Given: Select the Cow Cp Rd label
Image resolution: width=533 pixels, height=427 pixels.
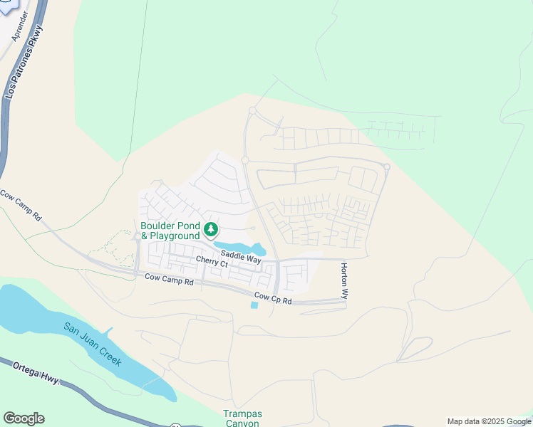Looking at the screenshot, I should pyautogui.click(x=273, y=299).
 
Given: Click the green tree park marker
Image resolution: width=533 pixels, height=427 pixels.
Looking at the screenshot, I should pyautogui.click(x=211, y=230).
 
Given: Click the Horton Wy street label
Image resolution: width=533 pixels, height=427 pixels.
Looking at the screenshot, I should pyautogui.click(x=345, y=280).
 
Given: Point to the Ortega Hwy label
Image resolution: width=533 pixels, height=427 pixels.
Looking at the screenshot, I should pyautogui.click(x=39, y=374).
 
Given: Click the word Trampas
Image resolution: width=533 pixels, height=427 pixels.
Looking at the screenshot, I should pyautogui.click(x=242, y=414).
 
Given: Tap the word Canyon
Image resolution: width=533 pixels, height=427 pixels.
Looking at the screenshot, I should pyautogui.click(x=242, y=423).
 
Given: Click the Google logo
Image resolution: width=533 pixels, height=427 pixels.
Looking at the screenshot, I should pyautogui.click(x=24, y=418).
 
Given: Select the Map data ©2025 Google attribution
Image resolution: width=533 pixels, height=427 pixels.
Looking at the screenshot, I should pyautogui.click(x=489, y=421).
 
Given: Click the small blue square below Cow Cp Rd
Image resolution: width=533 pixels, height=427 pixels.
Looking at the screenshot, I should pyautogui.click(x=254, y=305).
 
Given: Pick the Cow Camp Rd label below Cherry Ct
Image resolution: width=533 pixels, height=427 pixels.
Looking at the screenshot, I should pyautogui.click(x=169, y=281).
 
